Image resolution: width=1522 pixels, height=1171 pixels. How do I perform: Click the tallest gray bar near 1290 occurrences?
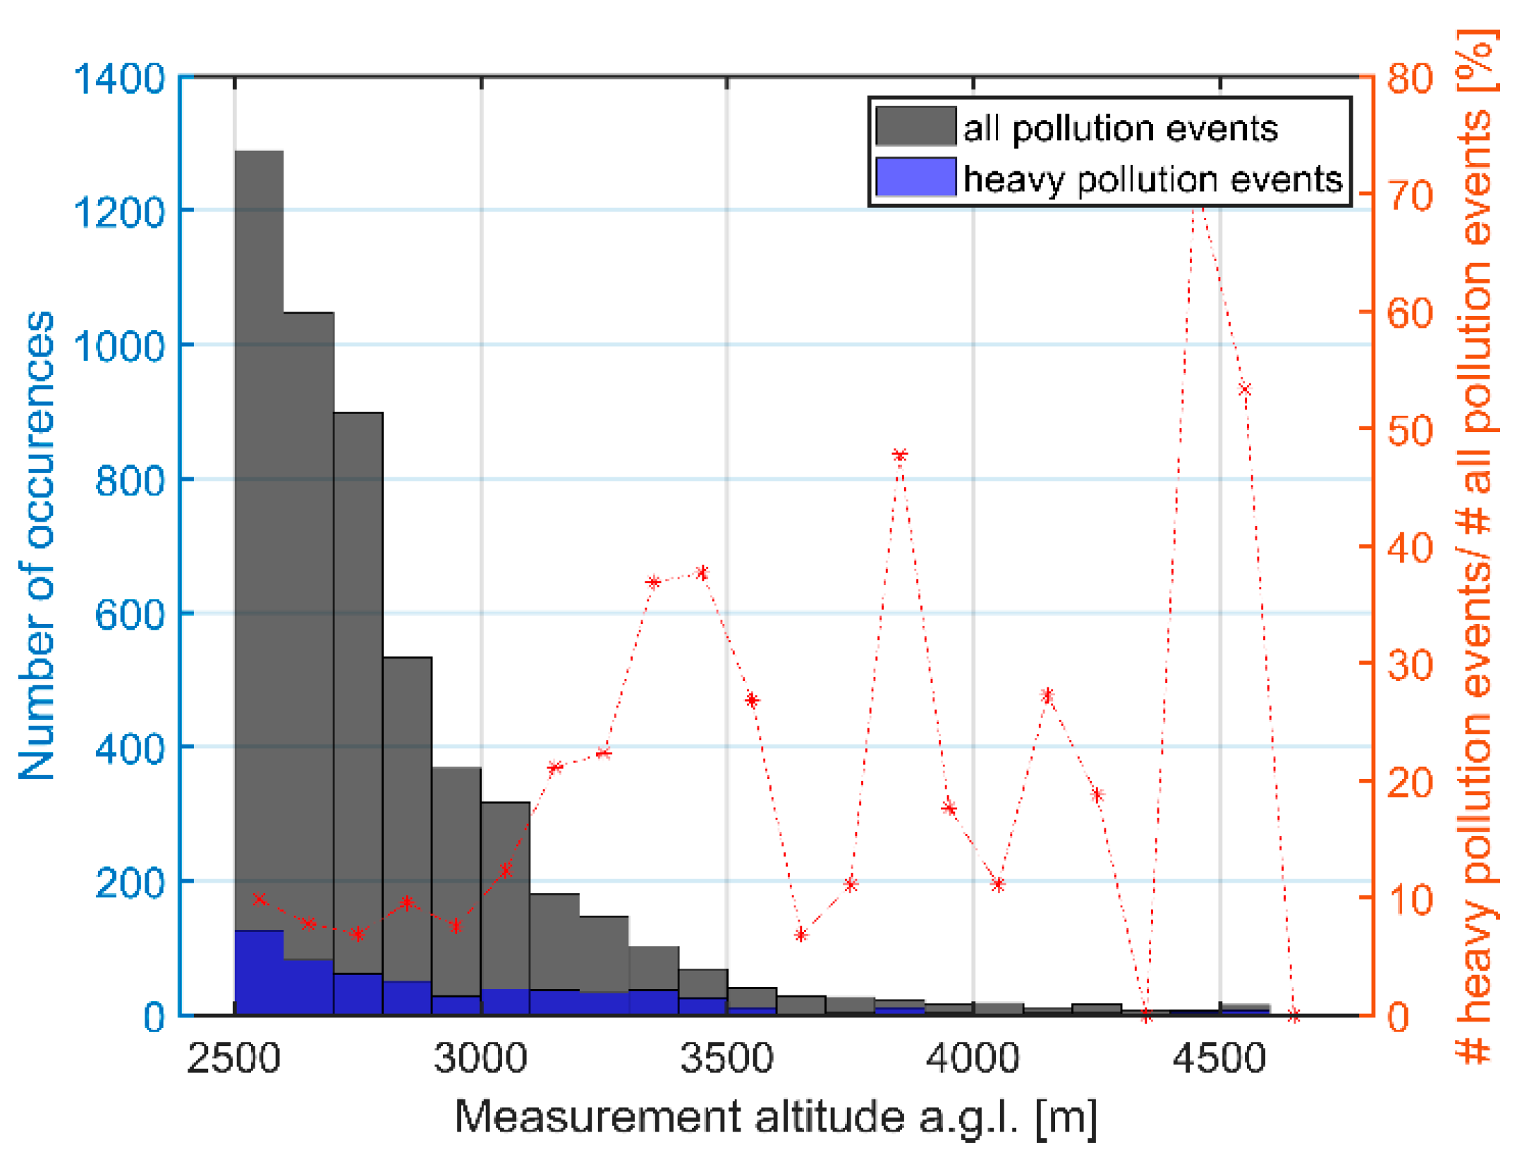[259, 536]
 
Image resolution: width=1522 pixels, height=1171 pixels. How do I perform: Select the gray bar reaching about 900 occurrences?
[358, 691]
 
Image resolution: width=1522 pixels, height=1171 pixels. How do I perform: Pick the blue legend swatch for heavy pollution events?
[915, 177]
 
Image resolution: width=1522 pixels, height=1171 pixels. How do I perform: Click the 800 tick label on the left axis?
[129, 480]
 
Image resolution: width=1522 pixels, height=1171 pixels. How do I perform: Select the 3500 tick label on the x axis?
[726, 1058]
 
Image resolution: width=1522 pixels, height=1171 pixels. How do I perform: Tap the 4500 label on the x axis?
[1219, 1058]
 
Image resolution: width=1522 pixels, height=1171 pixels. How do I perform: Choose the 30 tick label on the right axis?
[1410, 665]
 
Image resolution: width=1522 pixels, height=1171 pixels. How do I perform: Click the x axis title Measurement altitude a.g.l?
[776, 1117]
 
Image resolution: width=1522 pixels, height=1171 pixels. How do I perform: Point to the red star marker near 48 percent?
[899, 455]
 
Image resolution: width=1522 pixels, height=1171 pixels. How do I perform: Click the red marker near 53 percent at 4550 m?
[1245, 389]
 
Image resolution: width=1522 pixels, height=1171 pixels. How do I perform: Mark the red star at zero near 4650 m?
[1293, 1016]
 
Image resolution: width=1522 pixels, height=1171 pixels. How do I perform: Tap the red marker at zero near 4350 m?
[1146, 1016]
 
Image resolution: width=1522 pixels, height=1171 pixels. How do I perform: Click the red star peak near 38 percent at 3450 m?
[702, 572]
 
